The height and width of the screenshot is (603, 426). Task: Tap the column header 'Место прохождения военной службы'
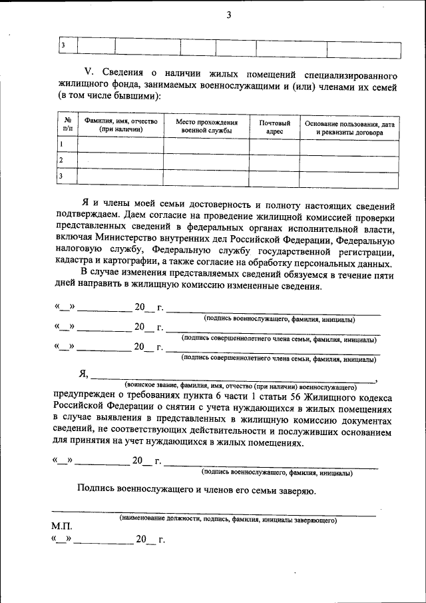pyautogui.click(x=206, y=127)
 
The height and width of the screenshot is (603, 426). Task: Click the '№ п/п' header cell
pyautogui.click(x=67, y=126)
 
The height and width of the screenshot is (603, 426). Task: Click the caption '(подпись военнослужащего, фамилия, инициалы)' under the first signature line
pyautogui.click(x=279, y=320)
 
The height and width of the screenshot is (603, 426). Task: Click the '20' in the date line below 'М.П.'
pyautogui.click(x=141, y=540)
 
